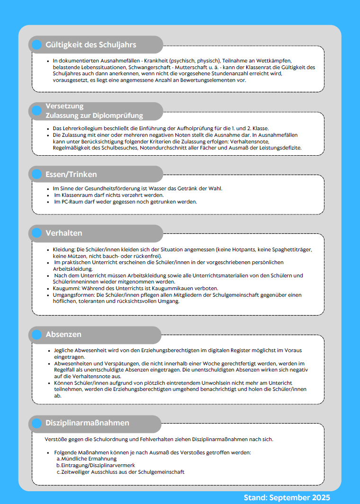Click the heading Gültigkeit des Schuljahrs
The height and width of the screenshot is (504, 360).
tap(91, 45)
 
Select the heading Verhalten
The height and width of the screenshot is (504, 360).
tap(64, 233)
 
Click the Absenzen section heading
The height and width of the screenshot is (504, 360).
tap(63, 334)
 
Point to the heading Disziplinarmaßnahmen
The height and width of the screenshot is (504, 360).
tap(87, 423)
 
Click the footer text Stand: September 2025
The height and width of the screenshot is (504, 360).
tap(287, 497)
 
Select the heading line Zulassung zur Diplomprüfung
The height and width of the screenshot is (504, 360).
tap(94, 115)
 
